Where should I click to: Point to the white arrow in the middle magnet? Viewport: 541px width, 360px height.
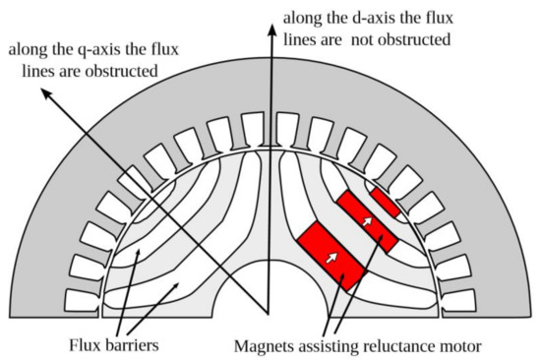point(367,222)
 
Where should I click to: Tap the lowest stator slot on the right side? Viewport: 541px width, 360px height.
point(458,298)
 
